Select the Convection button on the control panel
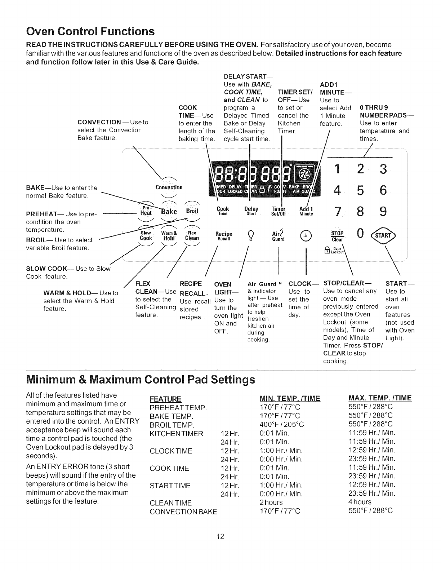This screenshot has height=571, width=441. pos(169,187)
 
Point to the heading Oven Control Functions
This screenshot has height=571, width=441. pos(90,31)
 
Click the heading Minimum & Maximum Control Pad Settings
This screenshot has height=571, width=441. pos(141,380)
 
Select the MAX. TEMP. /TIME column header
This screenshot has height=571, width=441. pos(380,398)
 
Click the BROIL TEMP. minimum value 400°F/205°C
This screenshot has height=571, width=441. pos(282,424)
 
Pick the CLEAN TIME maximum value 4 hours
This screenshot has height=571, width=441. pos(360,502)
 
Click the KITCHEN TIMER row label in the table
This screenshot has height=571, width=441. pos(177,433)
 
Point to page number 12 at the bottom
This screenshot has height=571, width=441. pos(220,537)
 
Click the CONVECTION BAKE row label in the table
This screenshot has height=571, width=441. pos(183,511)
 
